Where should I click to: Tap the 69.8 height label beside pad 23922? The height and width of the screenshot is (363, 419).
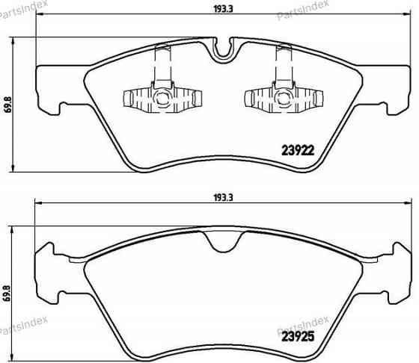(x=8, y=103)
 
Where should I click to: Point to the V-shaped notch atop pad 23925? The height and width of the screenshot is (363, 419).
(x=221, y=243)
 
